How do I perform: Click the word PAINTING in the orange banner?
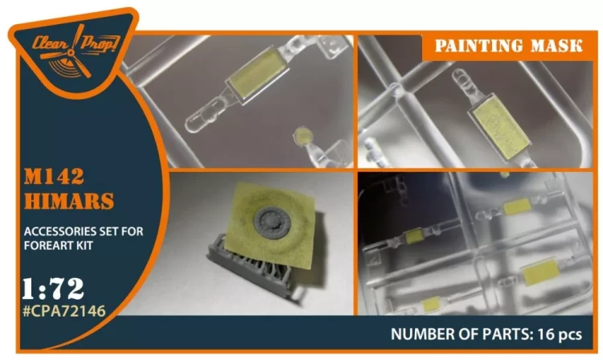coord(479,46)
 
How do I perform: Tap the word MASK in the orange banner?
coord(556,46)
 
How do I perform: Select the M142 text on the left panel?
coord(54,177)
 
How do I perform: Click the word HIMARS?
coord(69,201)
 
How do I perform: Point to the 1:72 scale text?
coord(53,288)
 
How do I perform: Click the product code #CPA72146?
coord(64,310)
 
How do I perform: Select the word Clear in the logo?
coord(49,43)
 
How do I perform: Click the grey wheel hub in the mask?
coord(272,222)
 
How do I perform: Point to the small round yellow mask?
coord(302,135)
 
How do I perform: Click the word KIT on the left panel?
coord(84,246)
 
